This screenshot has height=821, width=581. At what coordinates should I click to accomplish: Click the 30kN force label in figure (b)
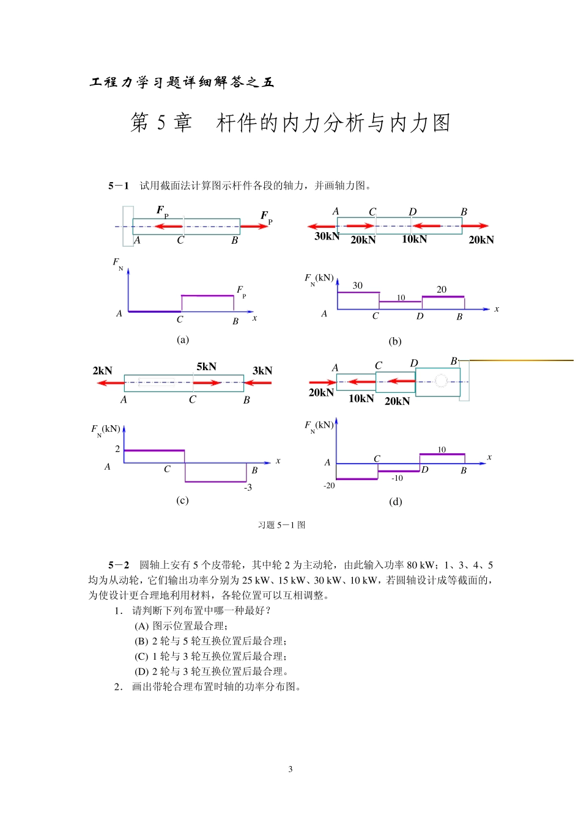click(x=327, y=236)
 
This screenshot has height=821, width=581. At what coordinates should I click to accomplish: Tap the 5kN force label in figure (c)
click(x=206, y=367)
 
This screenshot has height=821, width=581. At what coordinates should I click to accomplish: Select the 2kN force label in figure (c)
click(x=102, y=371)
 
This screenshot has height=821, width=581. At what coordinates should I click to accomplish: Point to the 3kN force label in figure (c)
click(x=262, y=371)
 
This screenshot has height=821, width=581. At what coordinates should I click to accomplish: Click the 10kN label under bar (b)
click(x=414, y=239)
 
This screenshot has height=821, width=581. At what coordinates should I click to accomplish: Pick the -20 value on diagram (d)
click(x=329, y=486)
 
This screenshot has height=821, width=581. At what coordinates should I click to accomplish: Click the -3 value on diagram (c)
click(x=248, y=487)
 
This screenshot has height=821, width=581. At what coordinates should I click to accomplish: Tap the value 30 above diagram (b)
click(x=357, y=285)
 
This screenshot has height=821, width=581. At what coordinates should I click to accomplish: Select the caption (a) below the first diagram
click(x=182, y=340)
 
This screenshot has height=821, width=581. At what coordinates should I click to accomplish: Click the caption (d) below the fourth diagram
click(x=395, y=502)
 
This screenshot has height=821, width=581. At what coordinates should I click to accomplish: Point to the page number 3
click(x=290, y=769)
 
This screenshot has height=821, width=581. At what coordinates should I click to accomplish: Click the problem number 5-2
click(x=119, y=565)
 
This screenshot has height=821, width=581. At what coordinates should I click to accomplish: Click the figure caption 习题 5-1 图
click(x=281, y=525)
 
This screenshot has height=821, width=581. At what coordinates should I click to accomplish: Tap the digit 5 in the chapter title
click(x=161, y=123)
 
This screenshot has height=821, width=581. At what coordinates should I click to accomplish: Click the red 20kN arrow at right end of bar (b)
click(x=475, y=227)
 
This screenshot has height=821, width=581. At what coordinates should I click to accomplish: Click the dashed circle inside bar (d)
click(x=442, y=382)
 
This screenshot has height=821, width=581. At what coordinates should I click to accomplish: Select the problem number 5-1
click(x=119, y=186)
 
